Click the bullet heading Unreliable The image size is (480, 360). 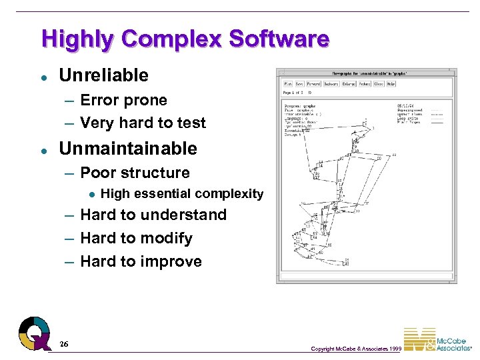point(103,75)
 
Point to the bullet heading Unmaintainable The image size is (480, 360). point(128,148)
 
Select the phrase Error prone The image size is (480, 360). point(123,100)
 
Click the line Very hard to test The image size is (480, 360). point(143,123)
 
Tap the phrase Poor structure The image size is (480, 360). point(135,173)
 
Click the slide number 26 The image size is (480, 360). point(63,343)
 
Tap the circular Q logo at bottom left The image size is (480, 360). point(34,333)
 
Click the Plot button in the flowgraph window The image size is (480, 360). point(288,84)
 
